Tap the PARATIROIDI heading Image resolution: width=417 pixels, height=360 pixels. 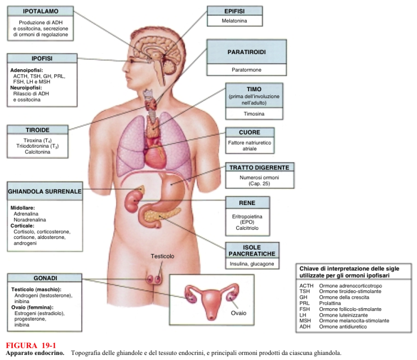pos(246,52)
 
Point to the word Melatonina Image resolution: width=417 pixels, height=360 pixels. pos(235,21)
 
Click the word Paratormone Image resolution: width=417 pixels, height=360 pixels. pos(246,70)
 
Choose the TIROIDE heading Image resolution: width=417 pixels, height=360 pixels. pos(38,130)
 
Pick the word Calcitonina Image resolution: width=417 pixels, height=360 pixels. pos(38,152)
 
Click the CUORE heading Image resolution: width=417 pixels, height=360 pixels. pos(250,132)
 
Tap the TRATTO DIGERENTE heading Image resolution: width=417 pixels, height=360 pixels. pos(259,168)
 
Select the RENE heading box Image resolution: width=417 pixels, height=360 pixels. pos(247,202)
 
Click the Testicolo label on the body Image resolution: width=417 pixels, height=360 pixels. pos(162,256)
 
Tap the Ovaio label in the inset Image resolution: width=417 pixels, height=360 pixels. pos(237,312)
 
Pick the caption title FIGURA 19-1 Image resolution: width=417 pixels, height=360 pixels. pos(31,345)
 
